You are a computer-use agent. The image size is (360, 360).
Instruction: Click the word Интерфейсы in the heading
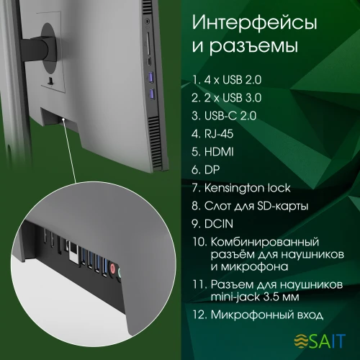pyautogui.click(x=255, y=24)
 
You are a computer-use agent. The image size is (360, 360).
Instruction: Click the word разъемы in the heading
pyautogui.click(x=248, y=49)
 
